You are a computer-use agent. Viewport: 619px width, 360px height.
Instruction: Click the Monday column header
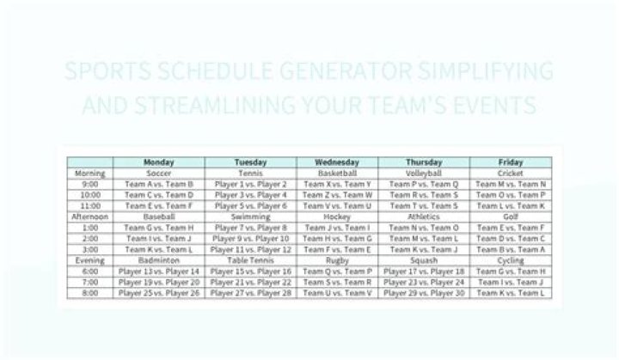tap(159, 162)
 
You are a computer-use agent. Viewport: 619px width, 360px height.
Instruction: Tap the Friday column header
tap(510, 162)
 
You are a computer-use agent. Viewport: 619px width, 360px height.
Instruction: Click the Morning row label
tap(90, 173)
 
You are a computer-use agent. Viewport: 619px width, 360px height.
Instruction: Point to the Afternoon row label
tap(90, 217)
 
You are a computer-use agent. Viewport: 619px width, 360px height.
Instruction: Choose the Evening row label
tap(90, 259)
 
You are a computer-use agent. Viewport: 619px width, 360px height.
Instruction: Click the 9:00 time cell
tap(90, 184)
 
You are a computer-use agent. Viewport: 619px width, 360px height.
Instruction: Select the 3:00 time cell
tap(90, 249)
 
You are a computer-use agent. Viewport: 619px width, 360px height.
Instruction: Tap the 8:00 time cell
tap(90, 293)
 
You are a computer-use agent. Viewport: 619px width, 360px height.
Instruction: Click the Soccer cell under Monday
tap(159, 173)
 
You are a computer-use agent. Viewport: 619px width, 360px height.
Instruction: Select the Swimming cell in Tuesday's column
tap(251, 217)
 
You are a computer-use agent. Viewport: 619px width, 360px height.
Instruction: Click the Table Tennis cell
tap(251, 259)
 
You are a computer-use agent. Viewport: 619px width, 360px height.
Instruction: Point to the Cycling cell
tap(510, 259)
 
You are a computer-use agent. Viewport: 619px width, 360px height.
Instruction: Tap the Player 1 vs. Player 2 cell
tap(251, 184)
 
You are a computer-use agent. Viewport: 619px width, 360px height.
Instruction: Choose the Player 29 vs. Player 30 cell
tap(424, 293)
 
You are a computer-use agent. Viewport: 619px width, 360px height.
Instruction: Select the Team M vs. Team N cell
tap(510, 184)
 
